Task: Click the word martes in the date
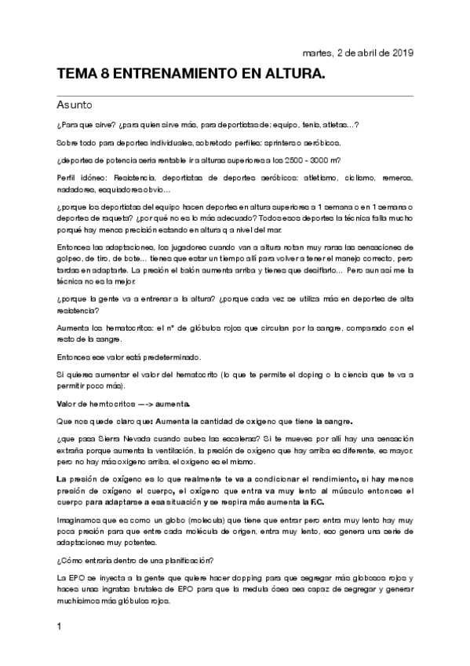[315, 53]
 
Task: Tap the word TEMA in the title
[77, 75]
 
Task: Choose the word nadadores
[75, 189]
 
